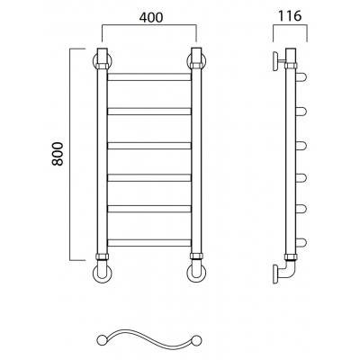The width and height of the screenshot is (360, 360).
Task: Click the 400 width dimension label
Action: pyautogui.click(x=151, y=17)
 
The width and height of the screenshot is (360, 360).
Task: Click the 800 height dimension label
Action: pyautogui.click(x=58, y=154)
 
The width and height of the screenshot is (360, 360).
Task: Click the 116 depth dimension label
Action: pyautogui.click(x=290, y=15)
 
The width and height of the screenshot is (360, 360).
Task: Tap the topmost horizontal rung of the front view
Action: pyautogui.click(x=149, y=76)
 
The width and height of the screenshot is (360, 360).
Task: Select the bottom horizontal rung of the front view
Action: pyautogui.click(x=149, y=243)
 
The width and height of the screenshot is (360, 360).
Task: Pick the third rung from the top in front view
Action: pyautogui.click(x=149, y=146)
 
